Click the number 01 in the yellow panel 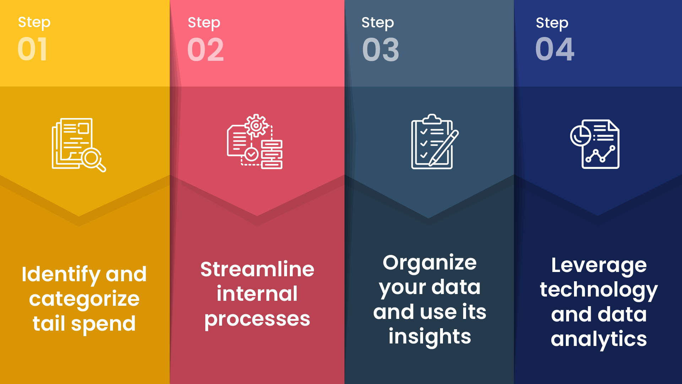click(32, 49)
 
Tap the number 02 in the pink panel click(206, 50)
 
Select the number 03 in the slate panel click(380, 50)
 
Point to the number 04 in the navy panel click(554, 49)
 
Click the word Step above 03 click(377, 23)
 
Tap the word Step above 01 click(34, 22)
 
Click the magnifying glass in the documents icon click(93, 159)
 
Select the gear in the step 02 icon click(256, 125)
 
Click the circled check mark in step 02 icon click(251, 154)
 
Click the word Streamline click(257, 269)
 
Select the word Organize click(429, 263)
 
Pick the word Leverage click(599, 266)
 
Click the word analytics click(599, 339)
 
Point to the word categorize click(84, 299)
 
